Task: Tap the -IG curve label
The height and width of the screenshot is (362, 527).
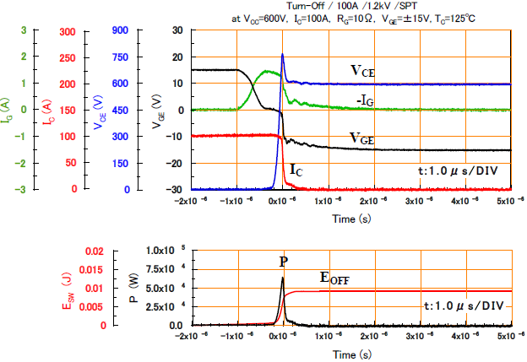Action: point(364,100)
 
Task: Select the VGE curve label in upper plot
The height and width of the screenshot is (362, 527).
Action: point(363,138)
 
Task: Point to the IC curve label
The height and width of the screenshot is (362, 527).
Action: point(297,170)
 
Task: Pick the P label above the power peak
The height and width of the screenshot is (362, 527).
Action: point(284,261)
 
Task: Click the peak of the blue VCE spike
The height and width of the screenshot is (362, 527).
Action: point(282,55)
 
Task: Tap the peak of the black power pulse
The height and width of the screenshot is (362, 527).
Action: point(283,278)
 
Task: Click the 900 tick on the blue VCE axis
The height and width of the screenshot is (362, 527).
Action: point(121,30)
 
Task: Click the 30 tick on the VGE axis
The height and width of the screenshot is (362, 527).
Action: point(177,30)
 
